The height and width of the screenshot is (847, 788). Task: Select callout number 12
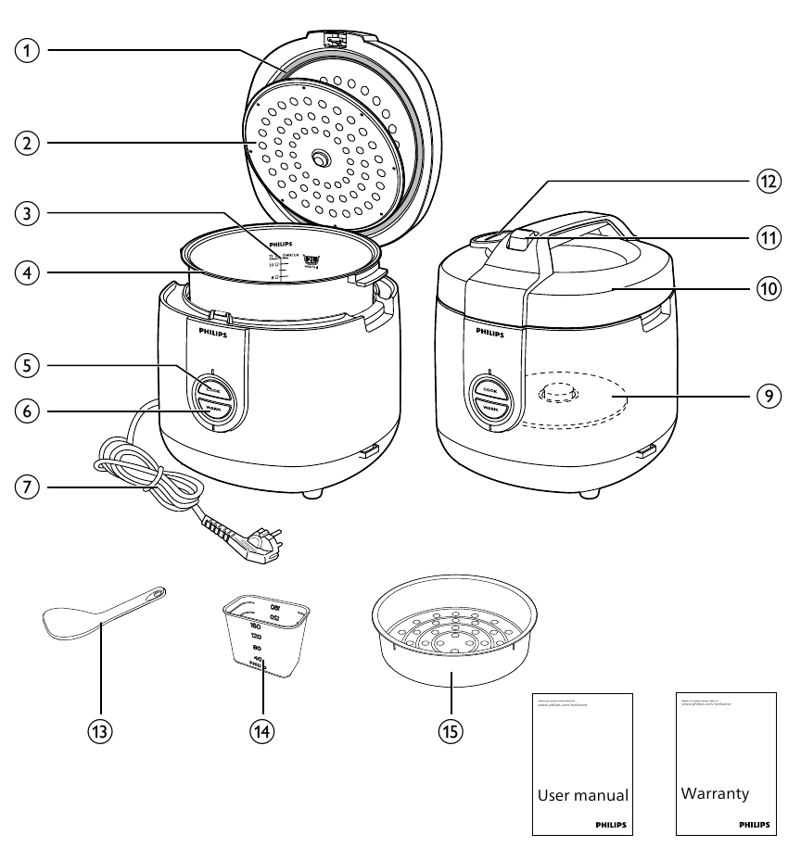point(765,182)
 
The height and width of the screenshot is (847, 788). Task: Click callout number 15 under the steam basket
point(452,729)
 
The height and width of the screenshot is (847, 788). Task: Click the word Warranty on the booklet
point(716,794)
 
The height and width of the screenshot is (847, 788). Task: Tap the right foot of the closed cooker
point(587,494)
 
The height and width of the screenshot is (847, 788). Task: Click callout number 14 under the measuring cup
point(263,729)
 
